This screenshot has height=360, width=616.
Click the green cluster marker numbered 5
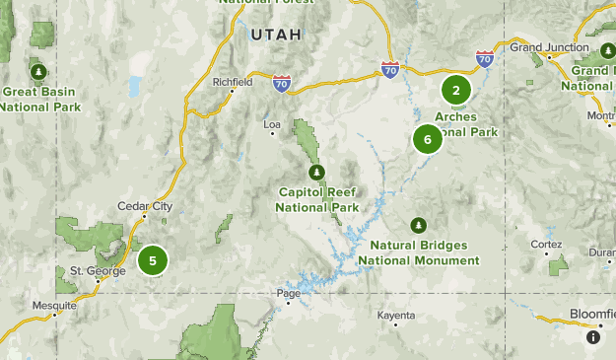pyautogui.click(x=153, y=261)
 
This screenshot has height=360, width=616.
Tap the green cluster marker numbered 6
pyautogui.click(x=428, y=139)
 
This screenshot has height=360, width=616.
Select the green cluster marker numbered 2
pyautogui.click(x=456, y=90)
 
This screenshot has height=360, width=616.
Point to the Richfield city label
pyautogui.click(x=233, y=83)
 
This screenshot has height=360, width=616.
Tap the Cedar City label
pyautogui.click(x=145, y=206)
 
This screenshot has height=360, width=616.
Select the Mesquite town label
pyautogui.click(x=53, y=305)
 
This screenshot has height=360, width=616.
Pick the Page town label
pyautogui.click(x=289, y=293)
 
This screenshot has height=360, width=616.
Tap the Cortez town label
pyautogui.click(x=546, y=244)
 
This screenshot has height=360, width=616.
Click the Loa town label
pyautogui.click(x=274, y=124)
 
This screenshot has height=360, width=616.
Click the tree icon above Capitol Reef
pyautogui.click(x=316, y=173)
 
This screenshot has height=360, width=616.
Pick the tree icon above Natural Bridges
pyautogui.click(x=419, y=226)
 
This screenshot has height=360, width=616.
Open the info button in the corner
pyautogui.click(x=593, y=336)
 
